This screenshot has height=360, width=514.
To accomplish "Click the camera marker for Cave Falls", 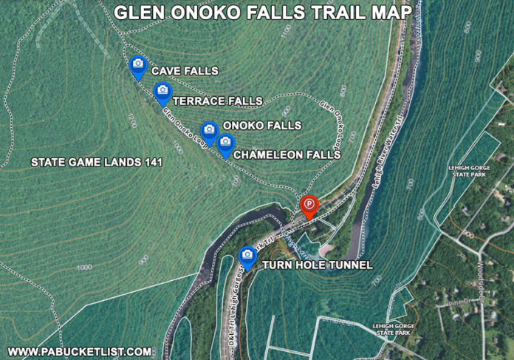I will pyautogui.click(x=137, y=67).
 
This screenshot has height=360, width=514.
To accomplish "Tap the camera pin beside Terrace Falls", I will pyautogui.click(x=163, y=92).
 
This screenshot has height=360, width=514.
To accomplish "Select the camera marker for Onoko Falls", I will pyautogui.click(x=209, y=131).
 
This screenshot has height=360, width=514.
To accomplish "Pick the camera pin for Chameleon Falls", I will pyautogui.click(x=225, y=143).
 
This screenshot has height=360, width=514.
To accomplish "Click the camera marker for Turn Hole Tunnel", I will pyautogui.click(x=247, y=256).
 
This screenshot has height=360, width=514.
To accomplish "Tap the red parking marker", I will pyautogui.click(x=308, y=205).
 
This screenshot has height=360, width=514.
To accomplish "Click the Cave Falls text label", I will pyautogui.click(x=185, y=71).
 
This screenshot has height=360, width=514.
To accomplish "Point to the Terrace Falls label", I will pyautogui.click(x=217, y=100).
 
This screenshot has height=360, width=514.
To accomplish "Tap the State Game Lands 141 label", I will pyautogui.click(x=96, y=161).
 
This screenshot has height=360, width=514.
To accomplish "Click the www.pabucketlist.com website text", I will pyautogui.click(x=79, y=351).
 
